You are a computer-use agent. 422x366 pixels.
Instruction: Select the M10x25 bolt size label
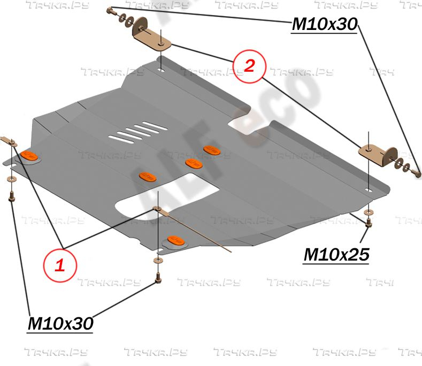[336, 255]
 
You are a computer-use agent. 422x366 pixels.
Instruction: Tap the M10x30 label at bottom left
[60, 323]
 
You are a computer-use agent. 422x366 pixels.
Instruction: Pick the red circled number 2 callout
[249, 66]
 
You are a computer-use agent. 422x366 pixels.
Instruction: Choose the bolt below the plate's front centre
[157, 279]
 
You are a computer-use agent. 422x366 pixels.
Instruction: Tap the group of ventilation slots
[136, 132]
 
